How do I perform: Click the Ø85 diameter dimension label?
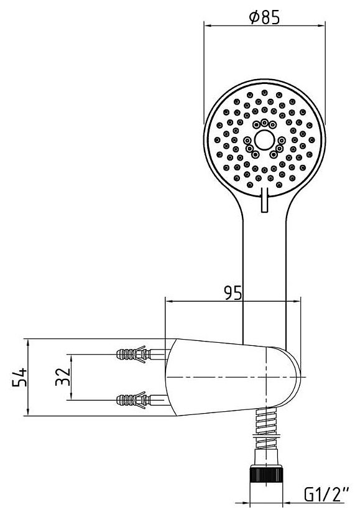click(264, 17)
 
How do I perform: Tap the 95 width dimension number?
click(233, 293)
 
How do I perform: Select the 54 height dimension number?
click(19, 377)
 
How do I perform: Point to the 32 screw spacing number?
click(63, 376)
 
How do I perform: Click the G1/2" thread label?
click(326, 495)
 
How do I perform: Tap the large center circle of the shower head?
click(264, 140)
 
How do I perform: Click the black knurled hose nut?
click(267, 475)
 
